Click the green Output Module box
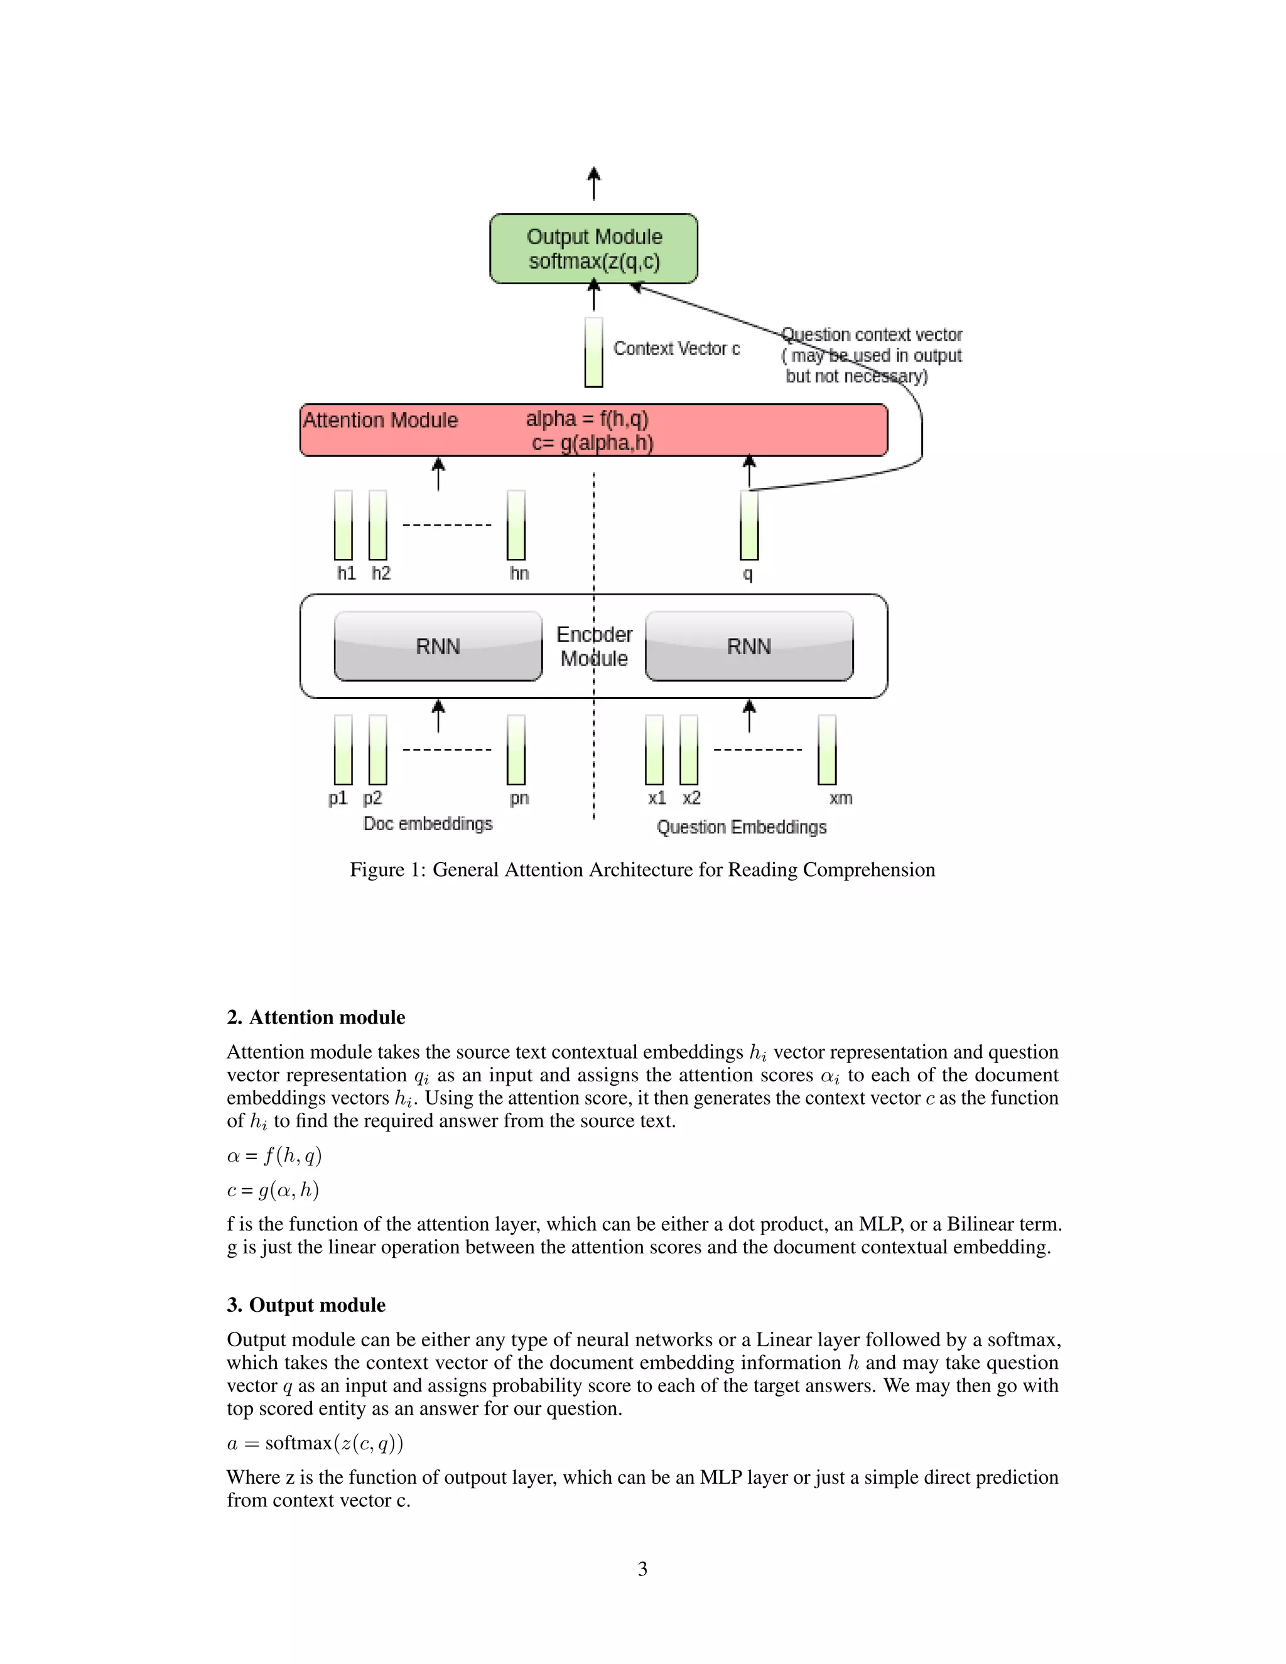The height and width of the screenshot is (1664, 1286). point(593,249)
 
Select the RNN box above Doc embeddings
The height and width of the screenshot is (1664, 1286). point(438,646)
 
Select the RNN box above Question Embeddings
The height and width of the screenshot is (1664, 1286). point(749,646)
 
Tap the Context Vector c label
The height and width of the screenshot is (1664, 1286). point(676,348)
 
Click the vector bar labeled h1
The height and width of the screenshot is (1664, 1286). point(343,525)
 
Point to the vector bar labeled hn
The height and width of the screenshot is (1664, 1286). point(517,525)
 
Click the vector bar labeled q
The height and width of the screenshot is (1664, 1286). point(749,525)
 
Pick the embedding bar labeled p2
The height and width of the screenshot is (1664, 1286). point(378,750)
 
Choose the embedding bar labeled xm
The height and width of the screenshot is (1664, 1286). point(826,750)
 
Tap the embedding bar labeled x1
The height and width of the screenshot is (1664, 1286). point(654,750)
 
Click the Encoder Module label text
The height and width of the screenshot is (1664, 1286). point(594,646)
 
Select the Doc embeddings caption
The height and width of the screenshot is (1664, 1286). point(428,824)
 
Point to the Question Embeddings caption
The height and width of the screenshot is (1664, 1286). point(742,827)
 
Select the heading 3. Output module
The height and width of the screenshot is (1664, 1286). point(306,1305)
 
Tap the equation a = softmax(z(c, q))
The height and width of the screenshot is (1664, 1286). point(315,1443)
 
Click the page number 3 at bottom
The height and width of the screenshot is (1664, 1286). point(642,1569)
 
